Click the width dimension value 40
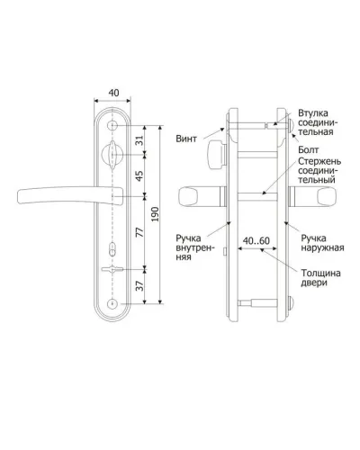pos(113,93)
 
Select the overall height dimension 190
pos(155,214)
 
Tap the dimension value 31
pos(139,140)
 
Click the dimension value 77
pos(139,232)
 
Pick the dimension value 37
pos(139,285)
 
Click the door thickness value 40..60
pos(256,240)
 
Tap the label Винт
pos(186,139)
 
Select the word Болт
pos(309,149)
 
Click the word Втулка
pos(313,113)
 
